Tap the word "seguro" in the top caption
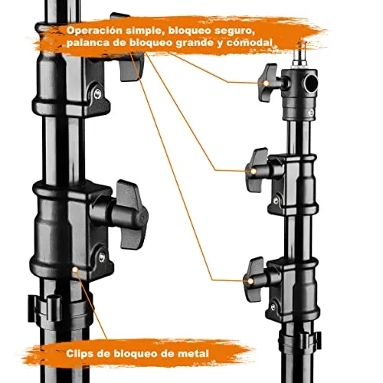click(229, 30)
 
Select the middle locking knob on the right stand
click(257, 162)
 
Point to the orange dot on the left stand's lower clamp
click(74, 270)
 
